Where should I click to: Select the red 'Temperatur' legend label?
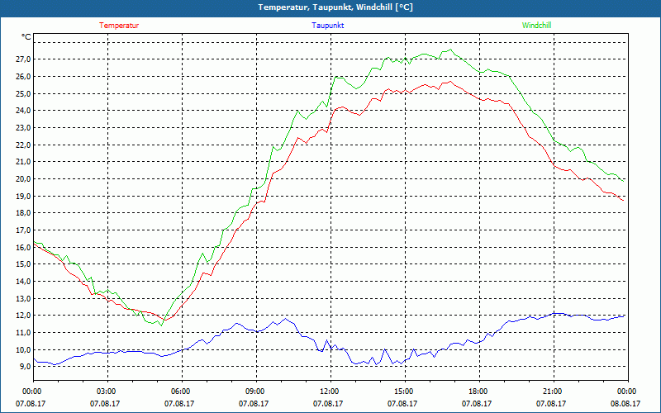click(x=119, y=26)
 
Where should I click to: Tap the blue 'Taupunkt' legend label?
click(x=328, y=26)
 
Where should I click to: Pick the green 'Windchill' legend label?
click(x=536, y=26)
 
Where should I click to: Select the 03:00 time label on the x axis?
click(x=107, y=392)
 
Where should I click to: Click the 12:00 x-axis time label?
click(x=329, y=392)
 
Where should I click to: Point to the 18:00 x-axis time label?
click(x=478, y=392)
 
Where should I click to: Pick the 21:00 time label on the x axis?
click(x=552, y=392)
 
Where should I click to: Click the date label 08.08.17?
click(x=625, y=404)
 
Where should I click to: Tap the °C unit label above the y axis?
click(x=26, y=36)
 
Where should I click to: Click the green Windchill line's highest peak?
click(x=451, y=50)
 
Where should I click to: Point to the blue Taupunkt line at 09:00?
click(x=255, y=331)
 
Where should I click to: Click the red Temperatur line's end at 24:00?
click(x=624, y=200)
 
